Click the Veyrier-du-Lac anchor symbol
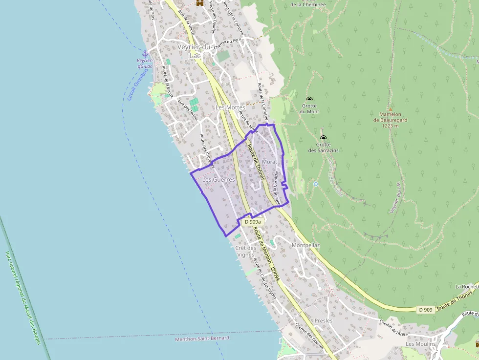[x=145, y=53]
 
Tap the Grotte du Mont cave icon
[x=309, y=99]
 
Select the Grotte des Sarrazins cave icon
[x=324, y=138]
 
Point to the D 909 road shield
[x=426, y=310]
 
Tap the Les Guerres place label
[x=218, y=180]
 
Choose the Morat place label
[x=269, y=162]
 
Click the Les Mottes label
[x=230, y=107]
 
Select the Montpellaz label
[x=305, y=245]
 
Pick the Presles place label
[x=324, y=321]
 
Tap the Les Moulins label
[x=420, y=344]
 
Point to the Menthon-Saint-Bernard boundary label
[x=202, y=338]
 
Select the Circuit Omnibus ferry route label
[x=138, y=84]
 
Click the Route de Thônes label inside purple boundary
[x=256, y=162]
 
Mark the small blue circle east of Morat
[x=316, y=184]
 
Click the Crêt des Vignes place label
[x=245, y=251]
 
